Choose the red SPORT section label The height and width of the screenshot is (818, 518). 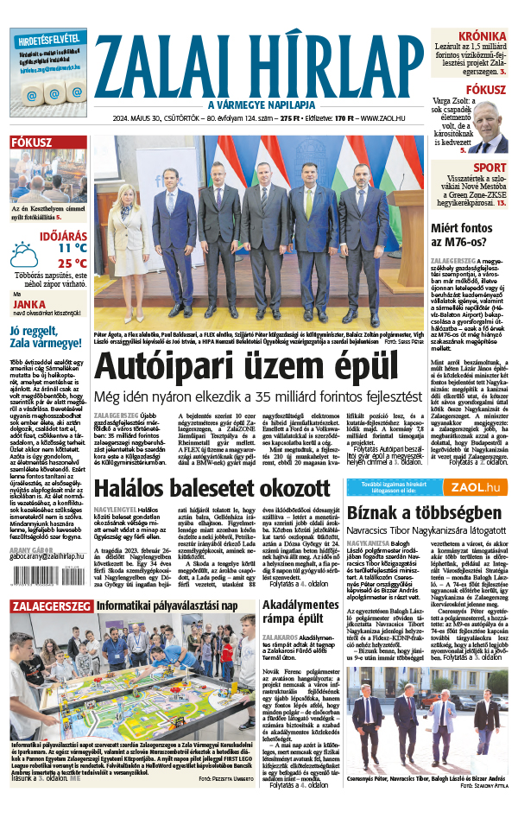[490, 168]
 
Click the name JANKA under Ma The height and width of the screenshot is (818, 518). [29, 303]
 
